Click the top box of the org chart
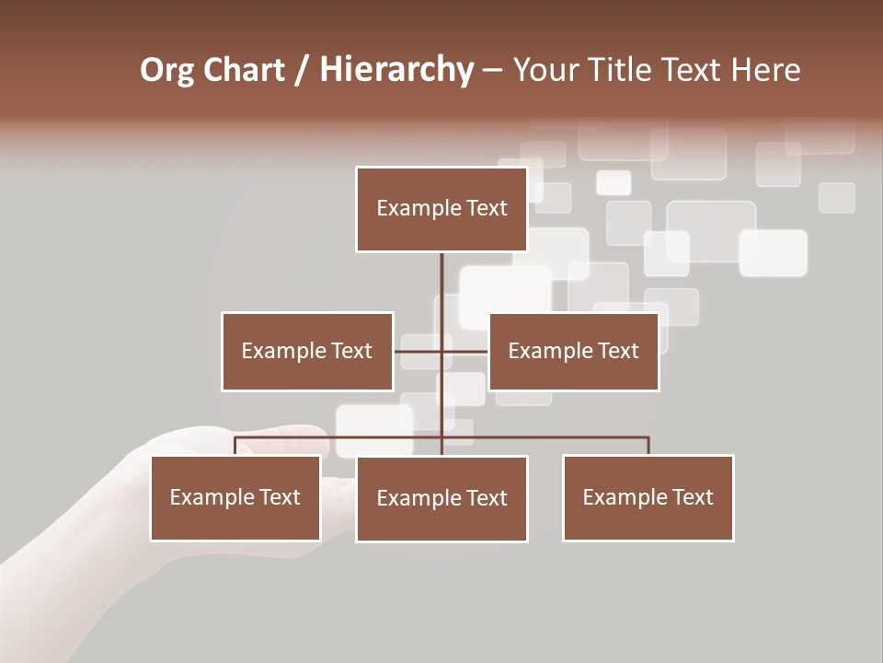coord(441,209)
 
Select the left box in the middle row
coord(307,351)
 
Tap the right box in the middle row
coord(573,351)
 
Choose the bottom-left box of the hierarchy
coord(235,497)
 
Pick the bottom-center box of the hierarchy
coord(441,498)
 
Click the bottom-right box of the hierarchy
coord(648,497)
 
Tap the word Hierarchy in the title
coord(396,70)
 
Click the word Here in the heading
coord(765,70)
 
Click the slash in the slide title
coord(302,70)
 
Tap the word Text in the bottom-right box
coord(692,497)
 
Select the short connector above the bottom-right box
coord(648,446)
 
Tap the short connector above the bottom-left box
coord(235,446)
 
